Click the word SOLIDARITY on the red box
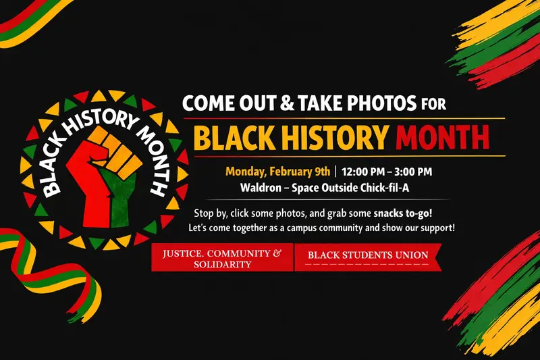(221, 264)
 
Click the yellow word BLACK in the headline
(237, 138)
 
